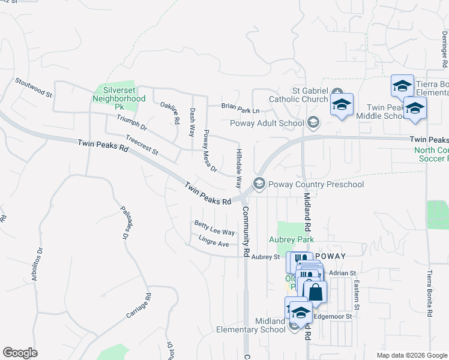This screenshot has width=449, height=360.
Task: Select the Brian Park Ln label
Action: pyautogui.click(x=240, y=109)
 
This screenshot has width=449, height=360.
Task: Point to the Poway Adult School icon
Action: pyautogui.click(x=313, y=123)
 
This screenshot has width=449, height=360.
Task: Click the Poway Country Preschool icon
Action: pyautogui.click(x=259, y=184)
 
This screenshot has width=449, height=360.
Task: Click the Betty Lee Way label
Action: pyautogui.click(x=214, y=228)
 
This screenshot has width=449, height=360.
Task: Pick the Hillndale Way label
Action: pyautogui.click(x=238, y=169)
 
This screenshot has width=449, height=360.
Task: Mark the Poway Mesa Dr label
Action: pyautogui.click(x=209, y=151)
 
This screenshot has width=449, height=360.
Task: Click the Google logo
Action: pyautogui.click(x=20, y=353)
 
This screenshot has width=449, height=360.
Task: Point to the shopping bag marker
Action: pyautogui.click(x=315, y=293)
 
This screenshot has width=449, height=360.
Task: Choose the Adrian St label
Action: pyautogui.click(x=343, y=273)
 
